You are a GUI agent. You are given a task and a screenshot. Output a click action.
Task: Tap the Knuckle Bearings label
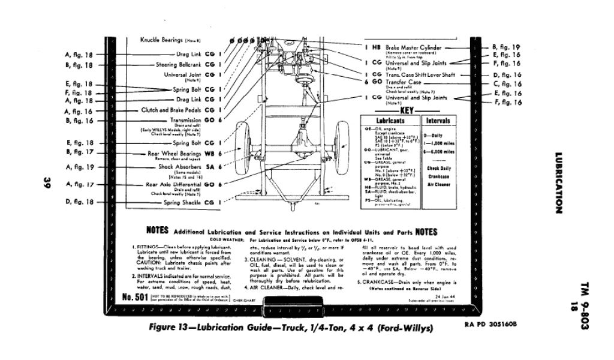point(162,40)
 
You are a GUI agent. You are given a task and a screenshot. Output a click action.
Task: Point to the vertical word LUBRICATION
point(558,184)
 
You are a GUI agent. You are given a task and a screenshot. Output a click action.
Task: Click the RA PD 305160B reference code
point(490,325)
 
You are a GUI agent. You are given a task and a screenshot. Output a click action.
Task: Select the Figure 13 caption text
point(291,329)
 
